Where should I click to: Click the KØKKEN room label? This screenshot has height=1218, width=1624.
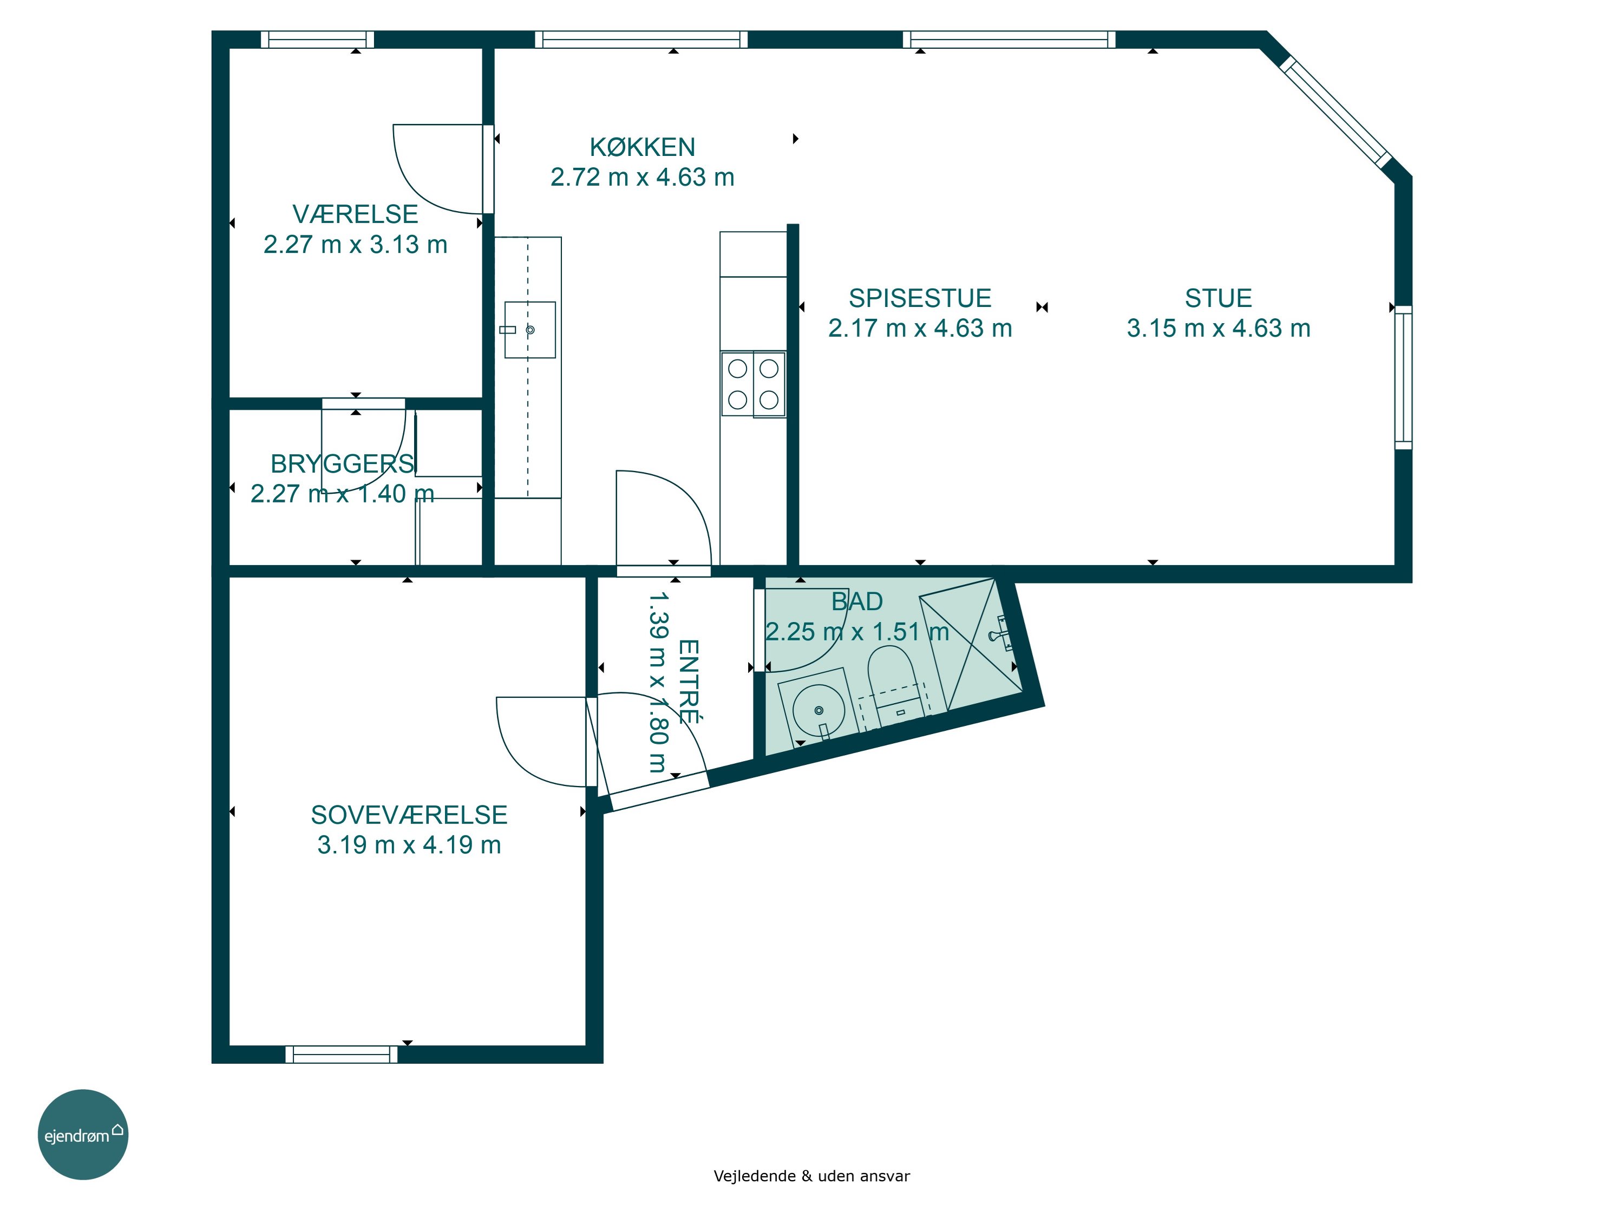click(643, 148)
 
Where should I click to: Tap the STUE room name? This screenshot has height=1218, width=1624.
click(1218, 298)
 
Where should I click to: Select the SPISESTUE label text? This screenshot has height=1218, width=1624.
click(920, 298)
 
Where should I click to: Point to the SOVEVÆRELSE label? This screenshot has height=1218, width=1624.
click(409, 815)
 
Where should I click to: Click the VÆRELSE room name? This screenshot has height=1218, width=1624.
click(355, 214)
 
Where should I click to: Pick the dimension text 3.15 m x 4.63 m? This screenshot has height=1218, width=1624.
click(1219, 328)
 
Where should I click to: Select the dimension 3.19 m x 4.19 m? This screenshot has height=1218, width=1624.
click(409, 845)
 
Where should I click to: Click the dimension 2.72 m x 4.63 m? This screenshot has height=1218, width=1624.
click(643, 178)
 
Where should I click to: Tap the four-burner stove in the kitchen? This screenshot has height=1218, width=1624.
click(754, 385)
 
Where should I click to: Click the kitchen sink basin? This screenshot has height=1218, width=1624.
click(529, 330)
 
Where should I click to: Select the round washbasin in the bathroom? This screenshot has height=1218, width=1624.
click(818, 709)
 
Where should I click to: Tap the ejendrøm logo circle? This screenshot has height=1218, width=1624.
click(83, 1134)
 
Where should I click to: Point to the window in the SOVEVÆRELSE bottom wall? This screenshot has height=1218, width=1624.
click(342, 1055)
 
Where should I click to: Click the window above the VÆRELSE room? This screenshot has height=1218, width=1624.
click(318, 40)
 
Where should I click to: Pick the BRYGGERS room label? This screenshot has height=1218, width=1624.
click(342, 464)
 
